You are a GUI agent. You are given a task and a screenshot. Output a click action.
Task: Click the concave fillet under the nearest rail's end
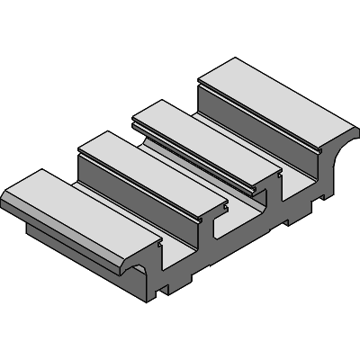[x=144, y=270]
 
